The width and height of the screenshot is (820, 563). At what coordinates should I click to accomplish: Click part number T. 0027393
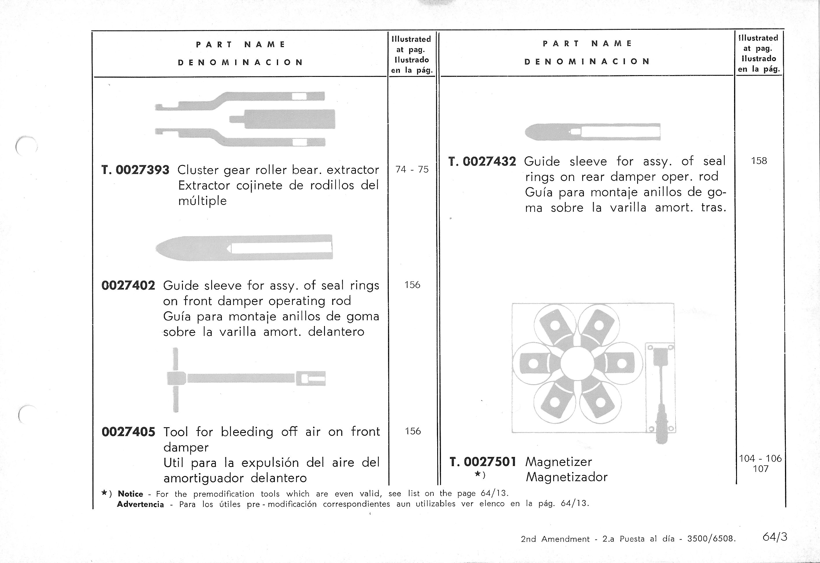tap(135, 170)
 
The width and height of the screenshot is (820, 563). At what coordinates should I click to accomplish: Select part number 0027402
tap(128, 285)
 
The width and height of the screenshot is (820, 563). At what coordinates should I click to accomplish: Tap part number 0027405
tap(128, 432)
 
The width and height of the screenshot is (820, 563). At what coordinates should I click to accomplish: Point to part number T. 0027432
tap(482, 162)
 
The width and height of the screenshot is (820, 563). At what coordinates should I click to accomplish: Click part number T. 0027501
tap(483, 462)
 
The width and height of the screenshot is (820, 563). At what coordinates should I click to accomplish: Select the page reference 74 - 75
tap(412, 170)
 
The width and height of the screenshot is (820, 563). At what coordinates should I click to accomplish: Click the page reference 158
tap(759, 161)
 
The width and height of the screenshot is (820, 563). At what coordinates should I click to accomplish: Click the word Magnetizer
tap(558, 462)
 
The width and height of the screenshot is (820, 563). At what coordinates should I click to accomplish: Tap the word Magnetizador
tap(567, 477)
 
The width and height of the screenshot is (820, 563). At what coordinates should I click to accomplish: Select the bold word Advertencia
tap(140, 504)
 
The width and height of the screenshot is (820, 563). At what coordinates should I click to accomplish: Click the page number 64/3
tap(775, 537)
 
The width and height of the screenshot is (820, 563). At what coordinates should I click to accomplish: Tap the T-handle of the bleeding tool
tap(176, 379)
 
